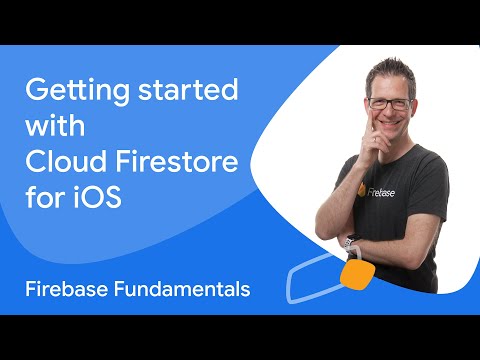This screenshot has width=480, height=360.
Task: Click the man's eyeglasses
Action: [388, 104]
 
